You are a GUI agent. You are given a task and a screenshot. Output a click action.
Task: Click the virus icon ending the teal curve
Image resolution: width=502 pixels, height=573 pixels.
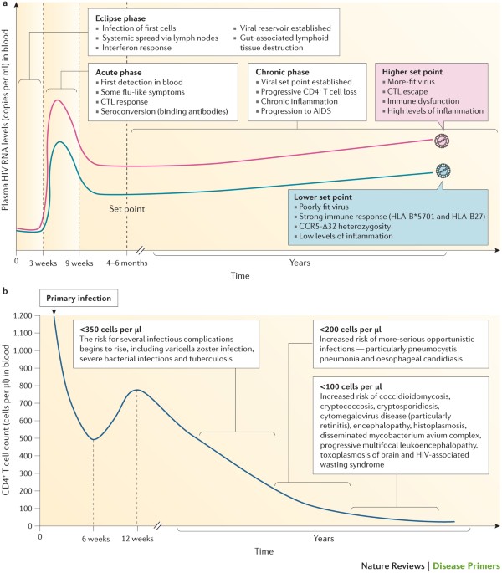(442, 170)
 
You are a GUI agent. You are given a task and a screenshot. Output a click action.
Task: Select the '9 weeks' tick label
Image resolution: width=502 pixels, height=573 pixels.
(79, 263)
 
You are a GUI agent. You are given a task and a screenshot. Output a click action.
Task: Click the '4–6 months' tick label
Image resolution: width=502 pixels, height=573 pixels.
(127, 263)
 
